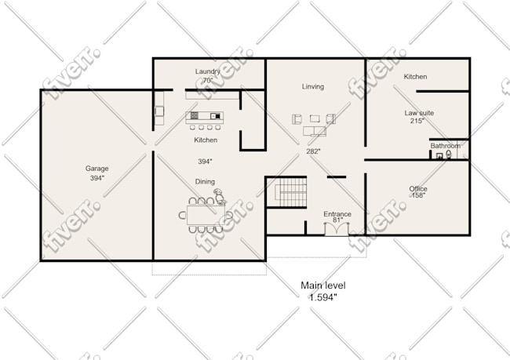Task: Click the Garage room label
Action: pos(97,169)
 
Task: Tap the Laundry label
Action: pos(207,71)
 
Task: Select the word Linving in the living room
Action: pos(313,86)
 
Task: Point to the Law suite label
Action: pos(419,113)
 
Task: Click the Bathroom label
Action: pos(446,146)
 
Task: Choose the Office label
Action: pos(418,188)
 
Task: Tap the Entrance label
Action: pos(337,214)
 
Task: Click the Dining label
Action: pos(205,181)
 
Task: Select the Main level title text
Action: pos(323,285)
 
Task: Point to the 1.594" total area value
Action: pos(323,297)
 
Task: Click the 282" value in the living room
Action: pos(313,151)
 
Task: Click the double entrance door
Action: pos(337,228)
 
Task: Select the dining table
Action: pos(206,215)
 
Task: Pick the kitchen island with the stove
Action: pos(204,118)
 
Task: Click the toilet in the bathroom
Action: pos(449,155)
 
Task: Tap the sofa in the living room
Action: pos(314,131)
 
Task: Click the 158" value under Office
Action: pos(417,195)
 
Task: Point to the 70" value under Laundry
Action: pos(208,80)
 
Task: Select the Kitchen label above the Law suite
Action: pos(415,77)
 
